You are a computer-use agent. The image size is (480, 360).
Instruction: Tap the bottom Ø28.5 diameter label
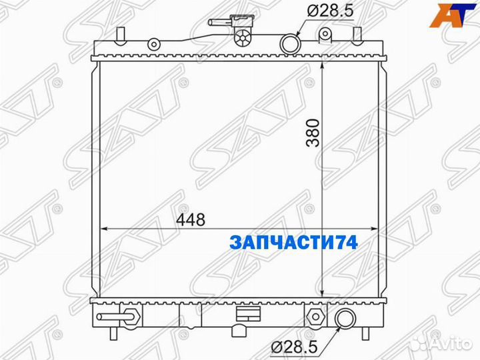299,346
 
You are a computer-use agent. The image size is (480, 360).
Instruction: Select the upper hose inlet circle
291,45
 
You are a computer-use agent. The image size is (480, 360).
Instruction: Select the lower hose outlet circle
345,319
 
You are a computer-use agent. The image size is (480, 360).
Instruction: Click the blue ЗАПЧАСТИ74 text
294,243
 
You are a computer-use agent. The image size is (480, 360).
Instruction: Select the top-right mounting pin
361,35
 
